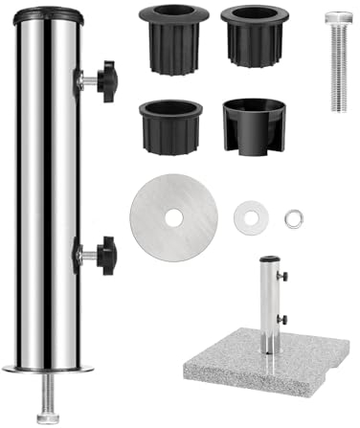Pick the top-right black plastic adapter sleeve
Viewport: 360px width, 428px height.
pos(254,37)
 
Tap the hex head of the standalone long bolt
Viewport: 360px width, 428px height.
pos(337,19)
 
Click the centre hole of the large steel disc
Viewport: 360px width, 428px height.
pos(173,218)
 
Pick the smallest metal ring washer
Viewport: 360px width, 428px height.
pos(293,218)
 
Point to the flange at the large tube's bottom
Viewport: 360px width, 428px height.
pos(48,370)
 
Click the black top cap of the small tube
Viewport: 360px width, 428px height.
pos(269,258)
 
